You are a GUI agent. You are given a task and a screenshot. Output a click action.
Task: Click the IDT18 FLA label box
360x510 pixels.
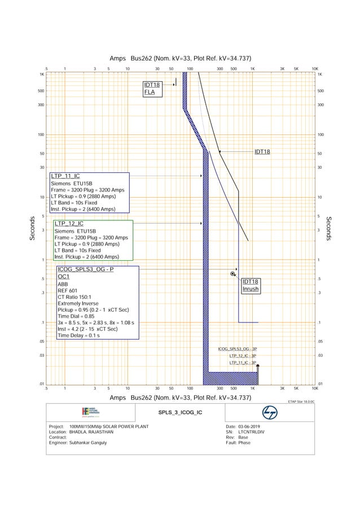pyautogui.click(x=152, y=89)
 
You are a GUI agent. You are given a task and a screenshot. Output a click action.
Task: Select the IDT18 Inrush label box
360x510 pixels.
pyautogui.click(x=250, y=285)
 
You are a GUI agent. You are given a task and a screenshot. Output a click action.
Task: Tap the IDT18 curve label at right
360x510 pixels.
pyautogui.click(x=262, y=151)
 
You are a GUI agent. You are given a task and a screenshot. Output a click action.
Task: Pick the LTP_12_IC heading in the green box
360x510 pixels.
pyautogui.click(x=69, y=224)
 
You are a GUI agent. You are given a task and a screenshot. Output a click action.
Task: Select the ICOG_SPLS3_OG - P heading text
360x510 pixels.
pyautogui.click(x=85, y=269)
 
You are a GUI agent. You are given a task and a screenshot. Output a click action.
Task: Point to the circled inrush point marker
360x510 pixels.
pyautogui.click(x=233, y=274)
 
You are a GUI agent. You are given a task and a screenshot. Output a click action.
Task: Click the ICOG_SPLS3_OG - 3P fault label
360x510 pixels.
pyautogui.click(x=237, y=349)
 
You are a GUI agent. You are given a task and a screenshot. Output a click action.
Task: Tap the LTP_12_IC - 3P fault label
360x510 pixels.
pyautogui.click(x=243, y=356)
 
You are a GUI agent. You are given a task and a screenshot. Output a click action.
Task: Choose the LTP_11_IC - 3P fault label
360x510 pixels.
pyautogui.click(x=243, y=363)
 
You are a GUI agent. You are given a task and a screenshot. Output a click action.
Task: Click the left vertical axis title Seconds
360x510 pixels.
pyautogui.click(x=33, y=229)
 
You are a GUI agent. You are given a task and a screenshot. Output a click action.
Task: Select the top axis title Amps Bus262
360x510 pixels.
pyautogui.click(x=180, y=59)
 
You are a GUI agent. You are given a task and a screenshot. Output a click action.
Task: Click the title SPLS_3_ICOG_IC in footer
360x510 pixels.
pyautogui.click(x=179, y=413)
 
